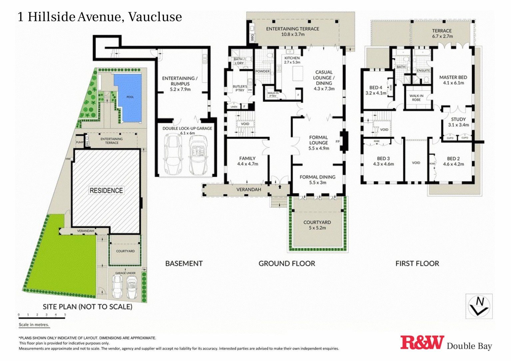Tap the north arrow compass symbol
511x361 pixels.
479,306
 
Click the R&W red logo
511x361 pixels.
422,343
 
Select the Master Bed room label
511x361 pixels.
453,80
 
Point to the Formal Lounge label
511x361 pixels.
318,143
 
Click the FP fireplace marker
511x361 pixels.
337,142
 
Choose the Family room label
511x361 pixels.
247,161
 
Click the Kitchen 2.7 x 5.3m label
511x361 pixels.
292,60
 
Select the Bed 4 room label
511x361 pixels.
376,90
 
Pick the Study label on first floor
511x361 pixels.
458,122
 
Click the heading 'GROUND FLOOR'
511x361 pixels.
286,263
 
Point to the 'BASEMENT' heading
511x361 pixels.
184,263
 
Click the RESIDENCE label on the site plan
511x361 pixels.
106,190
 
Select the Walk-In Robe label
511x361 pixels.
416,98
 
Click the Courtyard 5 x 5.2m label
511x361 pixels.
317,225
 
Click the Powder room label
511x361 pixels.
262,71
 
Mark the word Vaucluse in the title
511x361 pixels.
155,17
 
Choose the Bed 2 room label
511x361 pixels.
453,161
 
